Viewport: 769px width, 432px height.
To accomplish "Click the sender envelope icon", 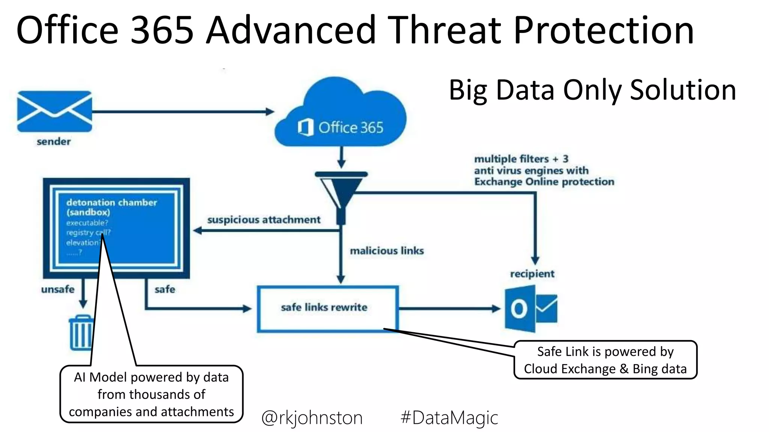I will (x=55, y=111).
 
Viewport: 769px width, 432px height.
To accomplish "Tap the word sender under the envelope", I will (x=54, y=142).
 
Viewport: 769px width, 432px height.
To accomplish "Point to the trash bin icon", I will (x=81, y=333).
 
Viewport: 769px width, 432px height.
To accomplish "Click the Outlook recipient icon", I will (x=531, y=309).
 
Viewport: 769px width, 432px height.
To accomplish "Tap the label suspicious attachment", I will (x=264, y=220).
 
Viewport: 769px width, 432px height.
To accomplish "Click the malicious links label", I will (x=387, y=251).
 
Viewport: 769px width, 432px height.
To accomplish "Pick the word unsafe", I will (x=58, y=289).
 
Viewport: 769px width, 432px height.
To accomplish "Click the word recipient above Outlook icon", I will (x=532, y=274).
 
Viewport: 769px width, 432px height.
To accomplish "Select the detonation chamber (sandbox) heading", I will (x=112, y=207).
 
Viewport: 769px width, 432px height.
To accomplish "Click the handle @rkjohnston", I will (x=312, y=418).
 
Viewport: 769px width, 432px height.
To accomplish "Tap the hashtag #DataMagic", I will (x=449, y=418).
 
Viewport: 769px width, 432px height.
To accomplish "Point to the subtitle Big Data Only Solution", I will (x=592, y=90).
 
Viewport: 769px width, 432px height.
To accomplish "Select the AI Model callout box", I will (x=151, y=394).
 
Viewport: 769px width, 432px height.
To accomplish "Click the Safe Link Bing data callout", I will (x=605, y=360).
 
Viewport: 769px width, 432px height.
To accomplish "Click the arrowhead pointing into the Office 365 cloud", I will (x=270, y=111).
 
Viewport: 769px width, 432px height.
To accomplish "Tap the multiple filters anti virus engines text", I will (x=544, y=171).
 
